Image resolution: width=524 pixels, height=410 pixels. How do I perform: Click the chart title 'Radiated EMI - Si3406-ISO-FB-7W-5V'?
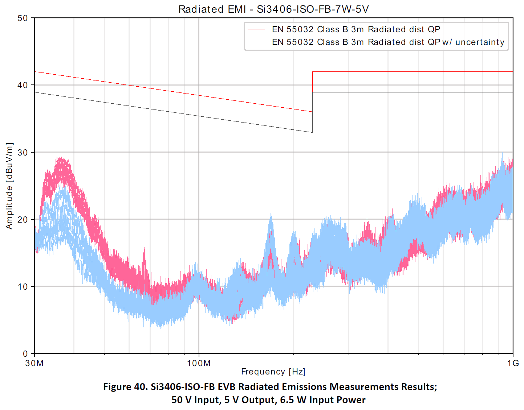(x=273, y=9)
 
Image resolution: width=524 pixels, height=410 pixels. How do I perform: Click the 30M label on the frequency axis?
(x=34, y=363)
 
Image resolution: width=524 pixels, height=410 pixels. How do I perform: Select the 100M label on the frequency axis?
(x=199, y=363)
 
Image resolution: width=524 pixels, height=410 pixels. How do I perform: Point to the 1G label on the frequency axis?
(x=513, y=363)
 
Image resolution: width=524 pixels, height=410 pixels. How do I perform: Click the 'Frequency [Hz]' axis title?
(x=273, y=372)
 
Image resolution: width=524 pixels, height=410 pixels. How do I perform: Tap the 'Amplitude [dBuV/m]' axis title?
(x=9, y=186)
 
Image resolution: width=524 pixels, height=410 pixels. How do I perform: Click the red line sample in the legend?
(x=256, y=29)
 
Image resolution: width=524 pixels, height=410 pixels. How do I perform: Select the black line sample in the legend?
(x=256, y=42)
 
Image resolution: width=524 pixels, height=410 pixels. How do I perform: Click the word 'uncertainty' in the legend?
(x=480, y=42)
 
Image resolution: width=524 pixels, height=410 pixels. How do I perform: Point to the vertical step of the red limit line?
(x=313, y=91)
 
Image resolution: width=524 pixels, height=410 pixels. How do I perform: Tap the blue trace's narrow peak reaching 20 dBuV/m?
(x=271, y=218)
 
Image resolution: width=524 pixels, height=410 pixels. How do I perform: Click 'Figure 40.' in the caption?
(x=125, y=387)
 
